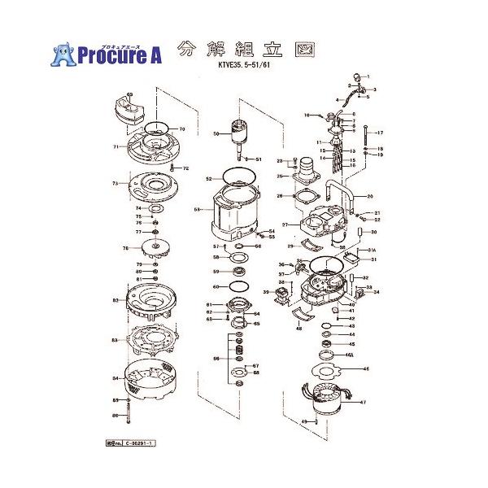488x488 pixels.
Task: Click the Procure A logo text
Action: click(120, 54)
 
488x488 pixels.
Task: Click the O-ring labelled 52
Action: click(234, 176)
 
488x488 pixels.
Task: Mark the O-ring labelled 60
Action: click(236, 286)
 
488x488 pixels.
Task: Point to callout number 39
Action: click(266, 291)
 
